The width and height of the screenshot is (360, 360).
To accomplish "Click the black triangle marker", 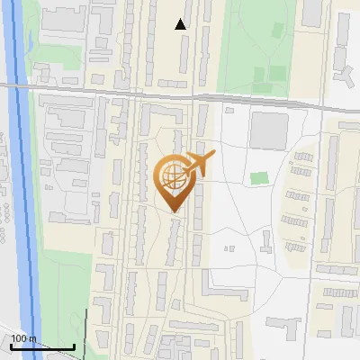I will point(181,24).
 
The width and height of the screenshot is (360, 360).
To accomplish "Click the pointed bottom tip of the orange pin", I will point(173,211).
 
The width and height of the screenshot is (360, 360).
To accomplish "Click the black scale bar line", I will point(42,347).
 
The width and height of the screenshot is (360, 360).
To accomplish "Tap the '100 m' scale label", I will point(23,339).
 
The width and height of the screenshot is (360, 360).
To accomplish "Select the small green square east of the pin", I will point(259,177).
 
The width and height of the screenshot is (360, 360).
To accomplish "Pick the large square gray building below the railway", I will point(267,130).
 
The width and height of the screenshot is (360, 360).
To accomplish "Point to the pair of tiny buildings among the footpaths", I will point(229,246).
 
